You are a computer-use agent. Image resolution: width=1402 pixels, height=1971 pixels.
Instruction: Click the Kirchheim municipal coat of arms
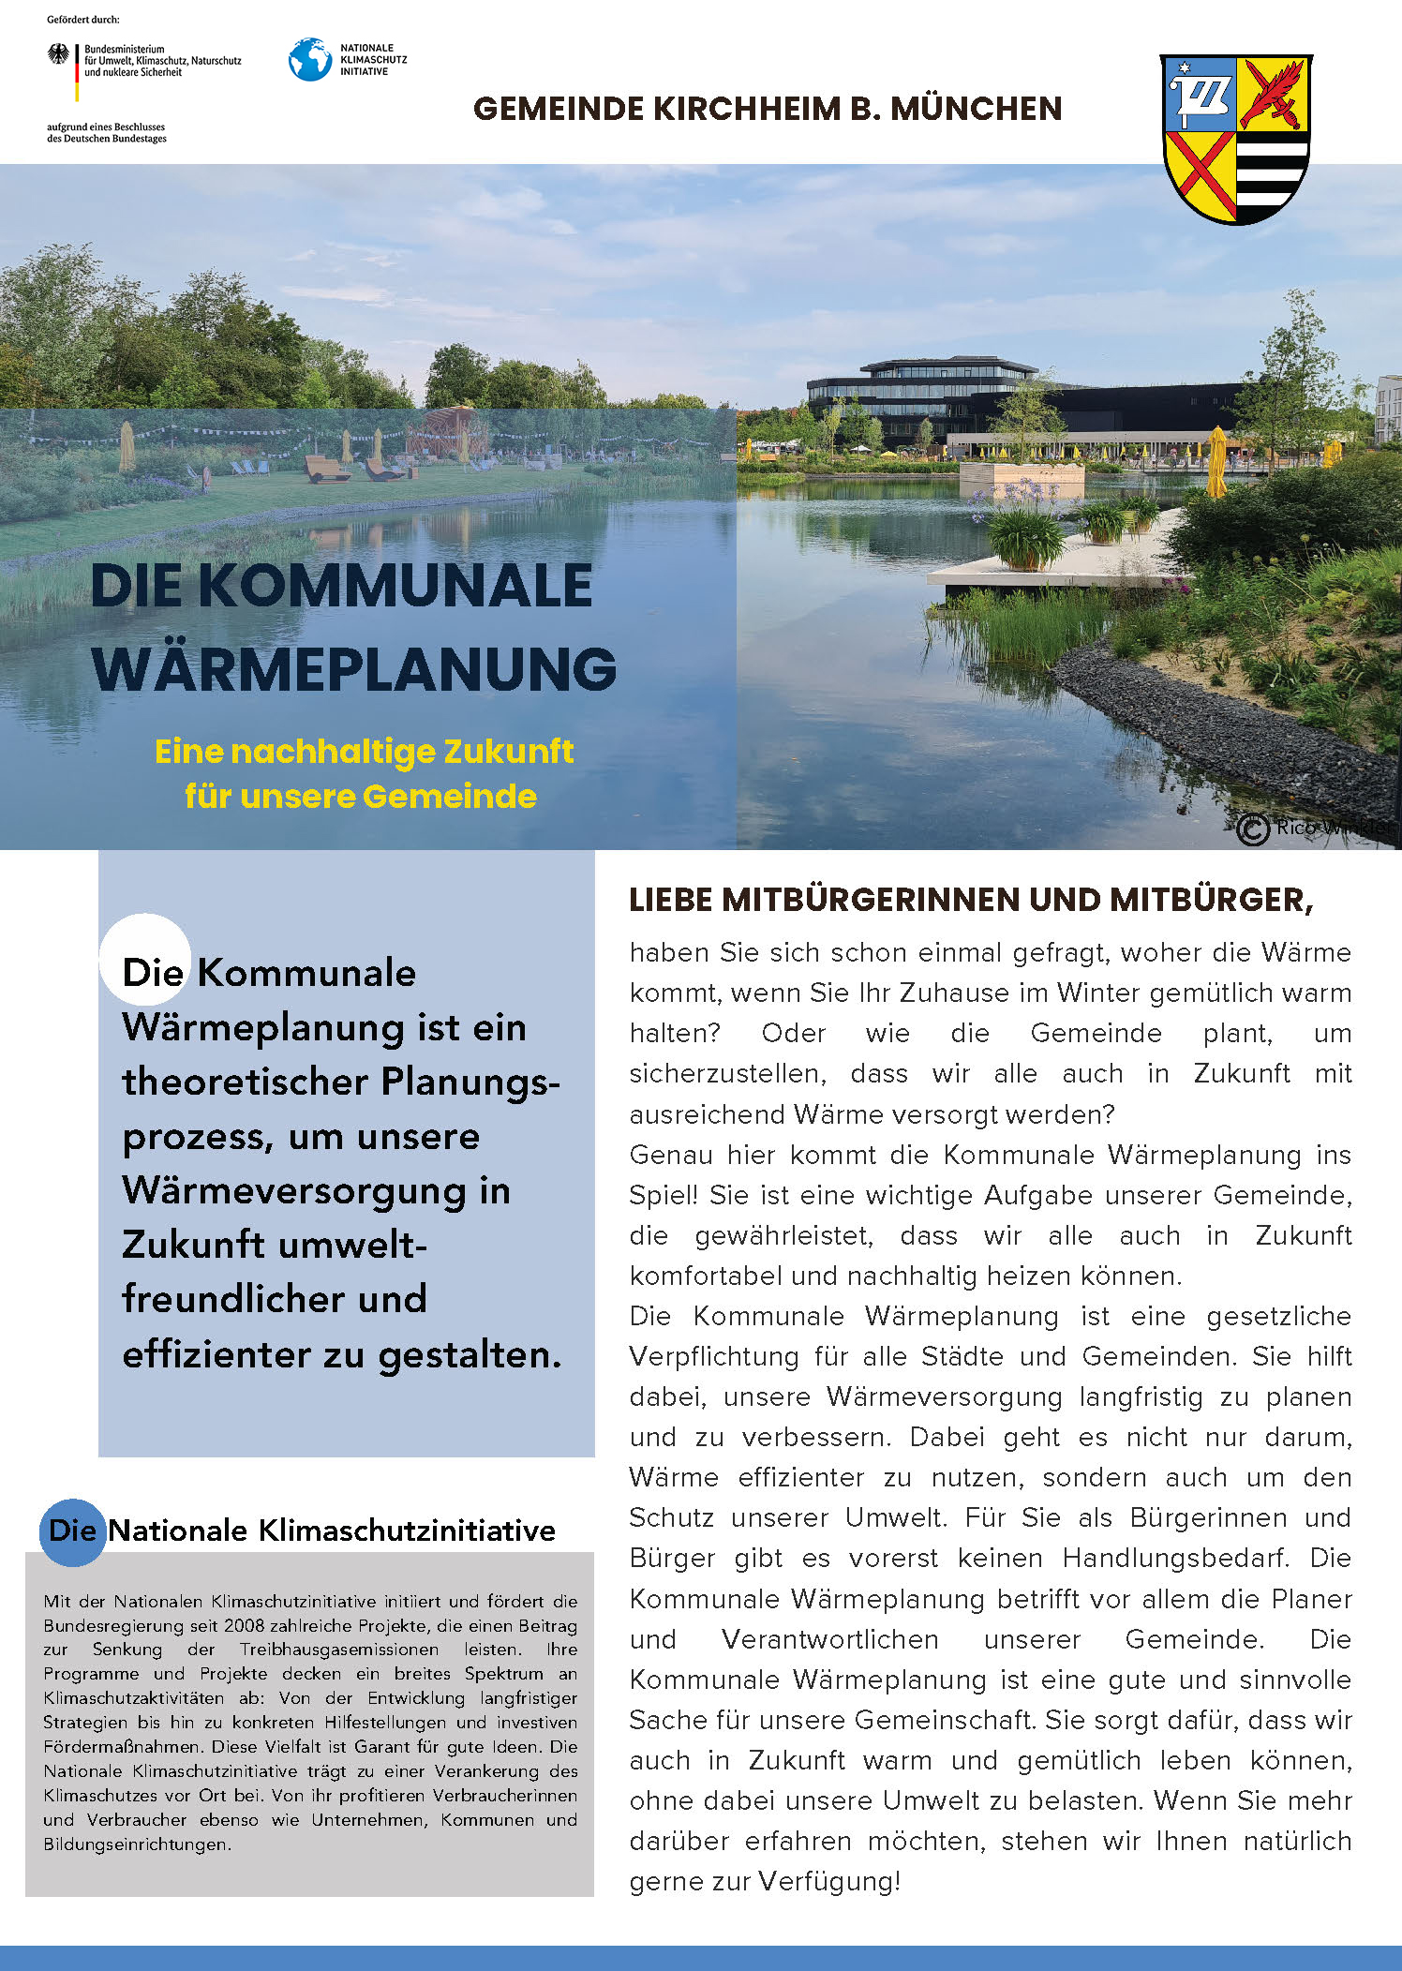(1236, 139)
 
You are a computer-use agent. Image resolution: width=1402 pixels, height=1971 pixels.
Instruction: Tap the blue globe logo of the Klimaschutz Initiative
(310, 59)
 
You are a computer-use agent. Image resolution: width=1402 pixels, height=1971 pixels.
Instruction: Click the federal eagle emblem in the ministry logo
(58, 54)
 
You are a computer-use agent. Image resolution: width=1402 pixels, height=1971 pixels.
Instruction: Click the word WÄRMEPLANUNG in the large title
(354, 669)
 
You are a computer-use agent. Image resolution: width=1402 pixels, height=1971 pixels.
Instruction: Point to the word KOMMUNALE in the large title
(395, 586)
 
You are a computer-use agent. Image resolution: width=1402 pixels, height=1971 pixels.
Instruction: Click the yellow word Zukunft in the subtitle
(508, 752)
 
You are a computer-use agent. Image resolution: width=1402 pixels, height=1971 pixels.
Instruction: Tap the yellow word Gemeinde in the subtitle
(450, 797)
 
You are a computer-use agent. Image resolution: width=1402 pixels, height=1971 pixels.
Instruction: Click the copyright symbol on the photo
(1252, 829)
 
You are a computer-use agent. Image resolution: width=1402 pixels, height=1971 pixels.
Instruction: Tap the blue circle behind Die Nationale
(72, 1531)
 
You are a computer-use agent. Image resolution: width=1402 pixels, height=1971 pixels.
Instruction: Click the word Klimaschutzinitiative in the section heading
(407, 1531)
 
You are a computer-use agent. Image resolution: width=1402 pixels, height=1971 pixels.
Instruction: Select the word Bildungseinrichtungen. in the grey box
(137, 1844)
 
